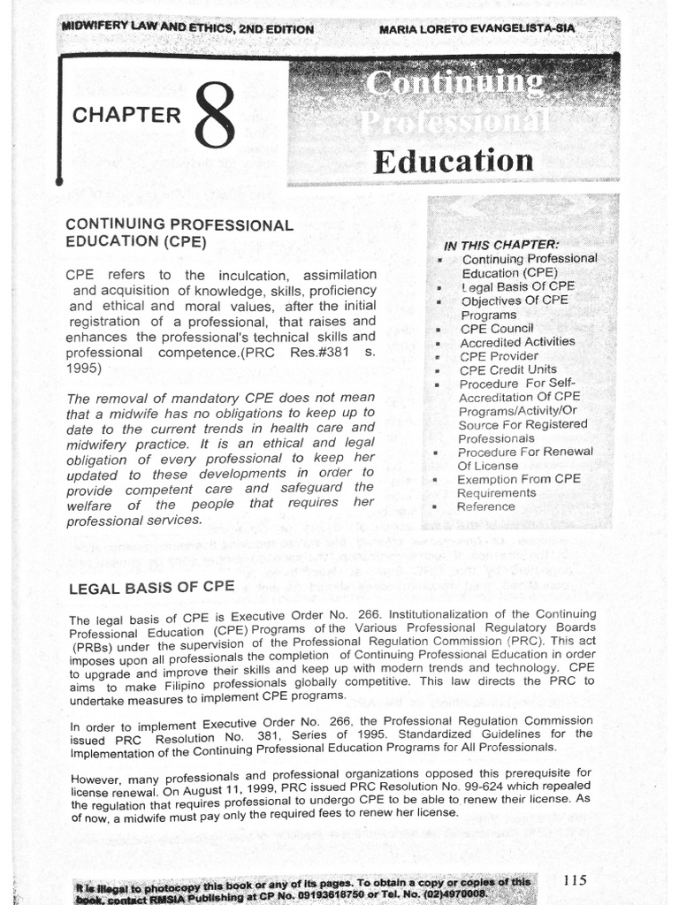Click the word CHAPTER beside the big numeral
coord(126,116)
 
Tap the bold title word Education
coord(453,161)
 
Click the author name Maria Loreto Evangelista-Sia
coord(477,29)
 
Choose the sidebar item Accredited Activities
coord(517,342)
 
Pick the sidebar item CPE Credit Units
coord(507,369)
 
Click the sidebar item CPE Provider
coord(498,356)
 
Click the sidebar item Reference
coord(485,506)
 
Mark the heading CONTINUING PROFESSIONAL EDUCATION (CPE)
coord(179,232)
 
